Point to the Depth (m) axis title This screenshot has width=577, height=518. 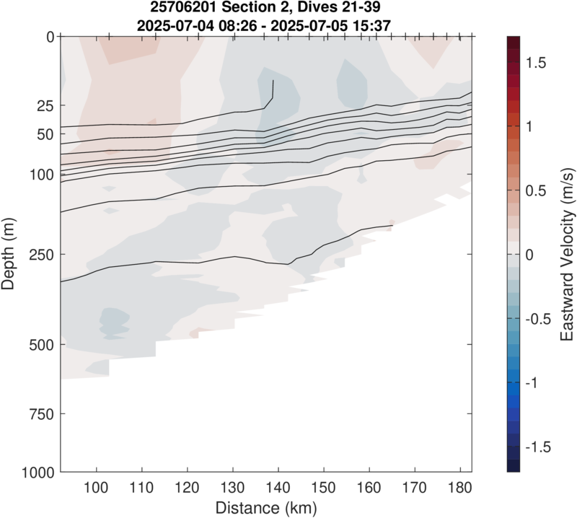[x=10, y=254]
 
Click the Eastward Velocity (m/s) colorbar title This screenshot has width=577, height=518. [x=567, y=254]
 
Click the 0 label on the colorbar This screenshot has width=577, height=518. [x=532, y=255]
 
